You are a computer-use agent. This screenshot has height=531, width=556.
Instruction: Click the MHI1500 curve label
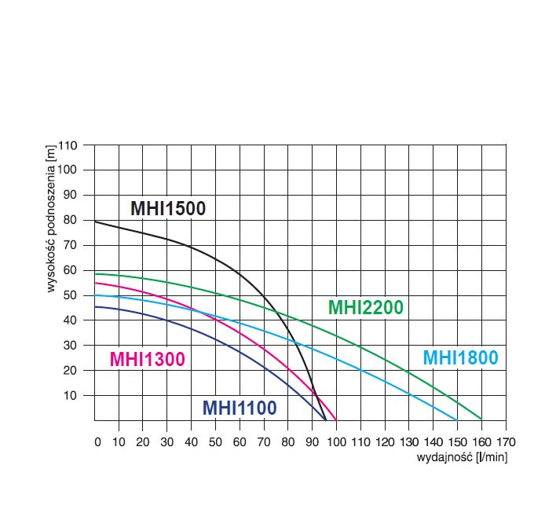tap(167, 208)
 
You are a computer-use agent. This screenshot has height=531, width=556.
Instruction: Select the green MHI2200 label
tap(365, 307)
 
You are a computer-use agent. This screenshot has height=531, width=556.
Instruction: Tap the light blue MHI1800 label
tap(460, 357)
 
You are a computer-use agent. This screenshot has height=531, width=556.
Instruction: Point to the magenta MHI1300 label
tap(147, 359)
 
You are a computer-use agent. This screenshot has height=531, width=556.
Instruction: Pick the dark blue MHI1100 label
tap(240, 408)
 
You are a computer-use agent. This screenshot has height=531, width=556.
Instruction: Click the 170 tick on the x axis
tap(506, 441)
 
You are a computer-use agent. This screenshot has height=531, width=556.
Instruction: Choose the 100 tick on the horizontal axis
tap(338, 441)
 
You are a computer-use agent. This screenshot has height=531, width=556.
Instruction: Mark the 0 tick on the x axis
tap(97, 441)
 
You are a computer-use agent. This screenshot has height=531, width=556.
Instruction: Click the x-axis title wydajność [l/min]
tap(462, 457)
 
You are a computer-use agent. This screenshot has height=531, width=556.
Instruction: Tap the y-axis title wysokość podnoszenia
tap(51, 220)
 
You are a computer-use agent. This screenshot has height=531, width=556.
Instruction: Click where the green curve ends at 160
tap(481, 419)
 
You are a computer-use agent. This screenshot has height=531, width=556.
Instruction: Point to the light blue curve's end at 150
tap(457, 419)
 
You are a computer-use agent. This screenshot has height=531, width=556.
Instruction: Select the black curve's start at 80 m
tap(95, 222)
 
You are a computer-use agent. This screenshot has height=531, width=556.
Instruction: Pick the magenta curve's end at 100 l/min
tap(336, 419)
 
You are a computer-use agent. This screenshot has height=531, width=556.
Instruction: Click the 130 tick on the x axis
tap(409, 441)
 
